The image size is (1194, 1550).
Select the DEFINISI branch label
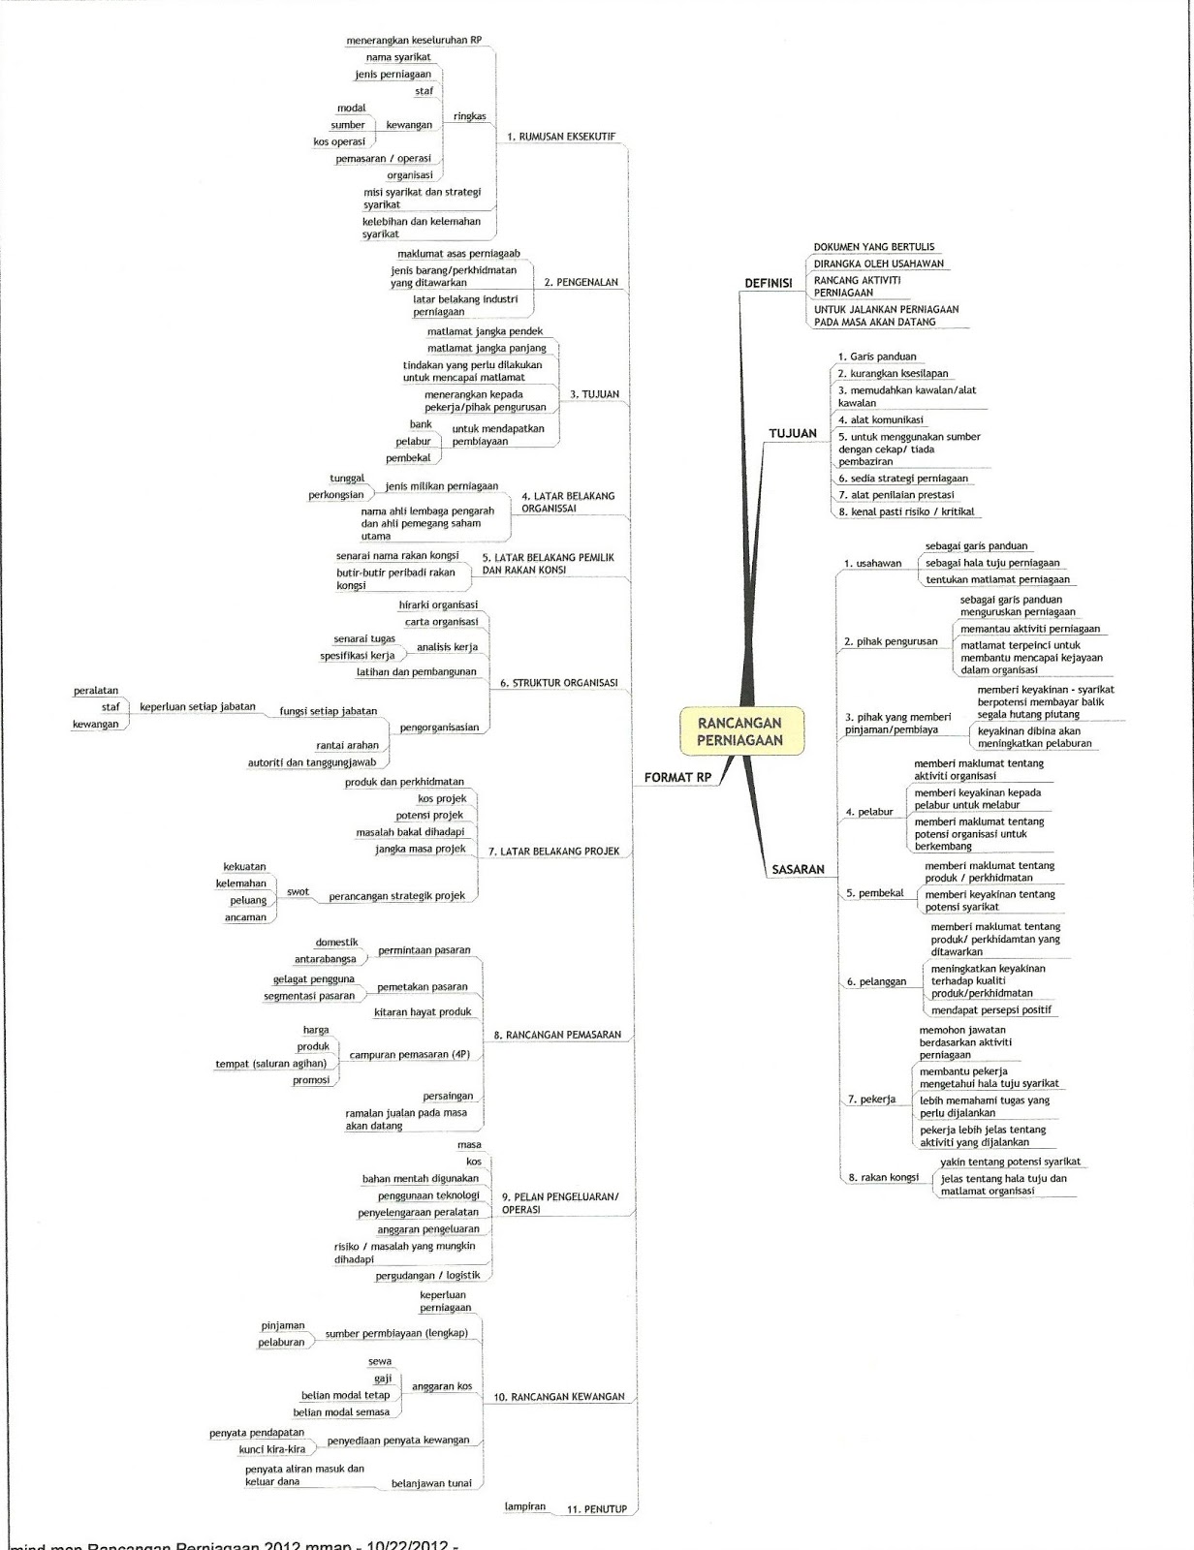[x=768, y=283]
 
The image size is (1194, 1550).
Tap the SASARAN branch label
[x=798, y=869]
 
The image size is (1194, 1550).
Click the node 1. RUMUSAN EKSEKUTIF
[x=561, y=138]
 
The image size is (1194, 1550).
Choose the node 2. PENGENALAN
[x=581, y=283]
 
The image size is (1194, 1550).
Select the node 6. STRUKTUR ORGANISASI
[x=558, y=683]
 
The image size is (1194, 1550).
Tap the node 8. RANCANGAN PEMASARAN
[x=557, y=1035]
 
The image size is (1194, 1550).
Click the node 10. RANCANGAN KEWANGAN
[x=558, y=1397]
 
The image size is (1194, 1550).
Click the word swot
[x=298, y=891]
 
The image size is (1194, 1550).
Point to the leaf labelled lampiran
[x=524, y=1506]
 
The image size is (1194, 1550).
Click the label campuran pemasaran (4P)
[x=409, y=1054]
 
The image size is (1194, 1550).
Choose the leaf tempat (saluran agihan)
[x=270, y=1064]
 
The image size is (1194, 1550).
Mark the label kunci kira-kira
[x=272, y=1449]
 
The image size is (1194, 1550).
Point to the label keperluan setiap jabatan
[x=198, y=707]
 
